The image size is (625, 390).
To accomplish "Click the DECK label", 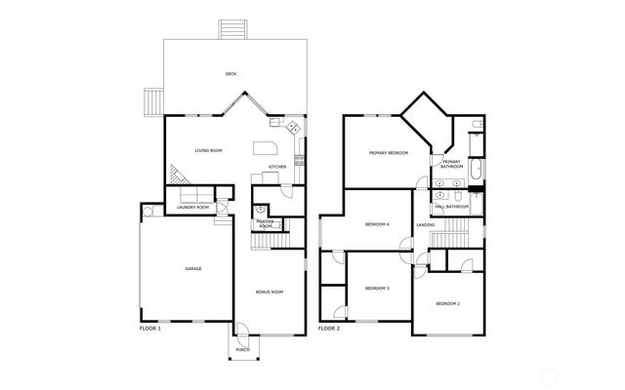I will (231, 74).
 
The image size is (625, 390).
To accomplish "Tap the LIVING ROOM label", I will (209, 150).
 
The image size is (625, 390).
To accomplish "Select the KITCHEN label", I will (277, 167).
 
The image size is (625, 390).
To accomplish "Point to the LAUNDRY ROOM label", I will (192, 208).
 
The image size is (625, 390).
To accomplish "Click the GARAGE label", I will (193, 268).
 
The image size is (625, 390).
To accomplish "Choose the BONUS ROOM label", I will (270, 292).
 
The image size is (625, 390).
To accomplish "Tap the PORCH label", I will (243, 349).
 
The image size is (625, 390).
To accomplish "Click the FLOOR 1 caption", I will (150, 330).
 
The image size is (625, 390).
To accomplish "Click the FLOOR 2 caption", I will (329, 330).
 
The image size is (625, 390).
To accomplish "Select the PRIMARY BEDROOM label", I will (388, 153).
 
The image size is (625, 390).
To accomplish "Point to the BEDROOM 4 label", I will (377, 224).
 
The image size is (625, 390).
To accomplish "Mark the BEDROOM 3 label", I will (377, 288).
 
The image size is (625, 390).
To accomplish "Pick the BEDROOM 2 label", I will (447, 304).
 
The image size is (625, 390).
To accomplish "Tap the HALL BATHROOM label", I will (451, 207).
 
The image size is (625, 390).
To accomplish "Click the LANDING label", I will (426, 225).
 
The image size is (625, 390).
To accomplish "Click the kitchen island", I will (266, 148).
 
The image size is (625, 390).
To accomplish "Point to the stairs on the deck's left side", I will (153, 100).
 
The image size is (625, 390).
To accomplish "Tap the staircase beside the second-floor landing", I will (451, 239).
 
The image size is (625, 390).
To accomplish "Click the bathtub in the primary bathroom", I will (476, 172).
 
